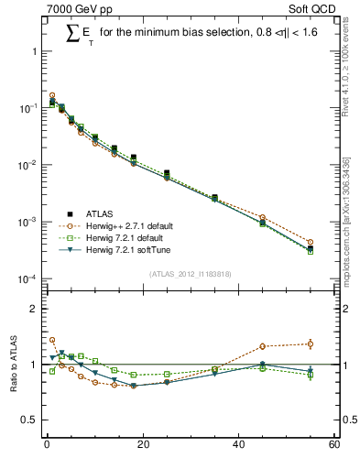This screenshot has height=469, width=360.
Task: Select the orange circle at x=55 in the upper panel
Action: click(x=311, y=242)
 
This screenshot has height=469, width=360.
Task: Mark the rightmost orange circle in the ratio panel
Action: click(x=311, y=344)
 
